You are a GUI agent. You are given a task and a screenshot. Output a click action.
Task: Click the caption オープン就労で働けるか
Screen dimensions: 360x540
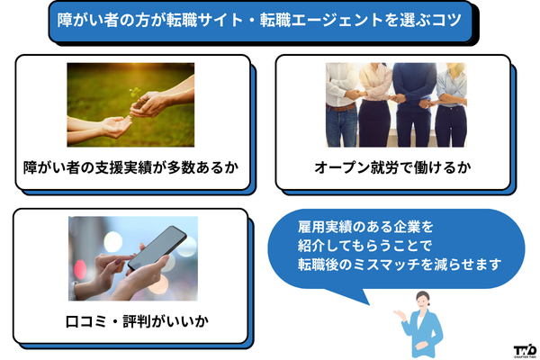pyautogui.click(x=393, y=167)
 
